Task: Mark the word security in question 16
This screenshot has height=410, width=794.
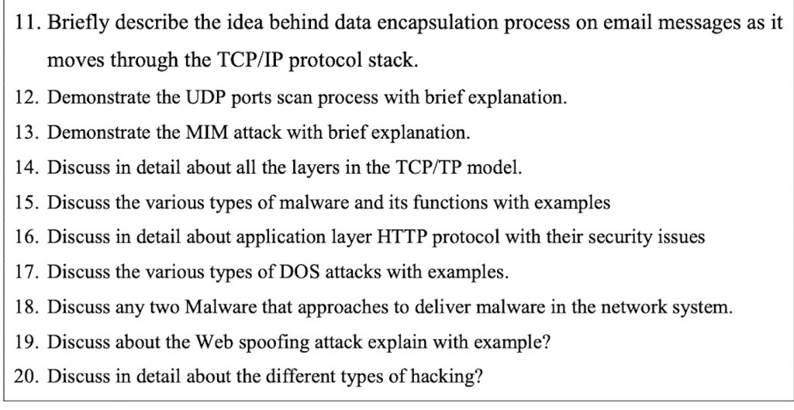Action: [623, 237]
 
